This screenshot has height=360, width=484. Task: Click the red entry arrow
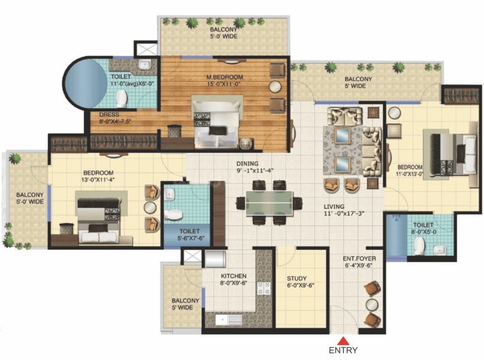pos(343,340)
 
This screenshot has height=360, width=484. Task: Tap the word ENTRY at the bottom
pos(343,350)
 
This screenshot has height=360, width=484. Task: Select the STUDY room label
pos(297,282)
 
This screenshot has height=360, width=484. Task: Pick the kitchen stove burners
pos(263,288)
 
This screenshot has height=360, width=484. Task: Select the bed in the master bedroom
pos(217,121)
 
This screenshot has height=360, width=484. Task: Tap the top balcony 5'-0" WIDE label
pos(223,34)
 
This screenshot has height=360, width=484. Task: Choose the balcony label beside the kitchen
pos(182,304)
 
